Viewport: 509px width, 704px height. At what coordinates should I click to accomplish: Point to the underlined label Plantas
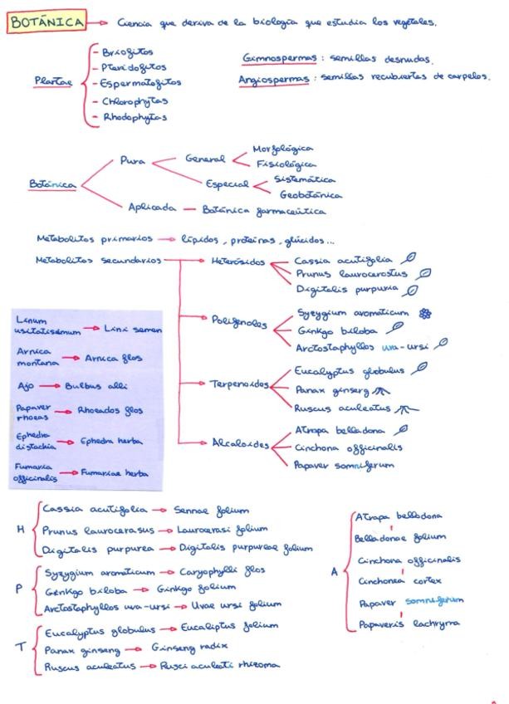[x=53, y=81]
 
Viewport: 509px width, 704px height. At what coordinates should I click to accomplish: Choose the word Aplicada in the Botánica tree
[x=152, y=208]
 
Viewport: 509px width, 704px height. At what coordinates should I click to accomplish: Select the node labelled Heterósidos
[x=237, y=262]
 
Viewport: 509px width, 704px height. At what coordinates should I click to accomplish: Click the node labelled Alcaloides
[x=241, y=444]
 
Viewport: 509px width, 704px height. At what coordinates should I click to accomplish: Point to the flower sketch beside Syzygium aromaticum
[x=426, y=314]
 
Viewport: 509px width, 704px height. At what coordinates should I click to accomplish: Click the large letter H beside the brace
[x=21, y=530]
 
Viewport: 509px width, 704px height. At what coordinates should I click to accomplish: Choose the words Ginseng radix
[x=190, y=646]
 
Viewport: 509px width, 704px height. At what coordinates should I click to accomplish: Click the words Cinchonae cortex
[x=401, y=581]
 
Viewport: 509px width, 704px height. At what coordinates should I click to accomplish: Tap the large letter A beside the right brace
[x=335, y=571]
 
